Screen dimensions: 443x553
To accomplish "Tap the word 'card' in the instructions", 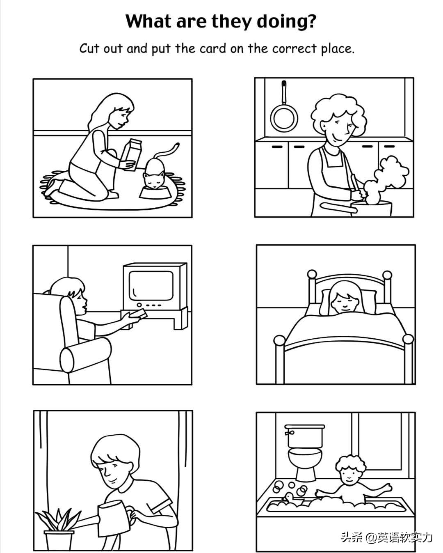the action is [x=212, y=48].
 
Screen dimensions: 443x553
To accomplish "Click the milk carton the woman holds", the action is [x=133, y=155].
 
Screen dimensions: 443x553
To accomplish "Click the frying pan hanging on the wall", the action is [x=284, y=110].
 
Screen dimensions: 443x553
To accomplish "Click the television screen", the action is [x=151, y=285].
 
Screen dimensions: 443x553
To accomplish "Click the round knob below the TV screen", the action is [x=139, y=305].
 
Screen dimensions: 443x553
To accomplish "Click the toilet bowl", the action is [x=305, y=463].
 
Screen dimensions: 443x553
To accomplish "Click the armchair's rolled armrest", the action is [x=86, y=355].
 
